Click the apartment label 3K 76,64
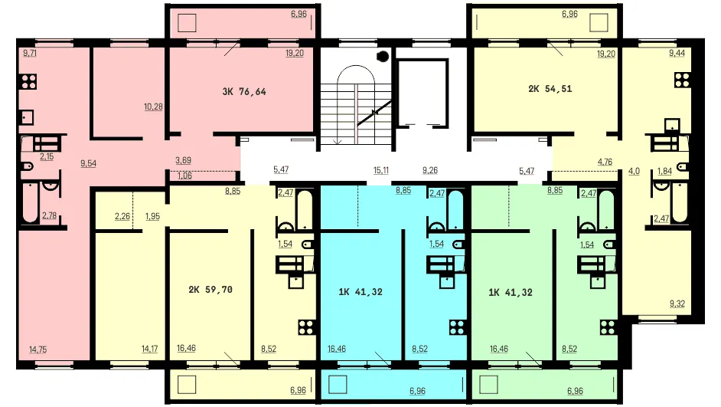pyautogui.click(x=244, y=92)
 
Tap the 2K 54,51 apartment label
pyautogui.click(x=550, y=89)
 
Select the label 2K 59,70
pyautogui.click(x=210, y=290)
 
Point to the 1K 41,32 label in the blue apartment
pyautogui.click(x=360, y=292)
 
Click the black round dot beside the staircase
pyautogui.click(x=383, y=57)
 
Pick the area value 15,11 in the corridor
pyautogui.click(x=380, y=170)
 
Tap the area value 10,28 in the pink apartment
pyautogui.click(x=153, y=107)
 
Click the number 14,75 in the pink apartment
pyautogui.click(x=38, y=350)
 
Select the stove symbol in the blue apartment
pyautogui.click(x=458, y=327)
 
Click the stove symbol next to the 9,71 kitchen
pyautogui.click(x=28, y=82)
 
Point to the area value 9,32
pyautogui.click(x=677, y=304)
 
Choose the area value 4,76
pyautogui.click(x=605, y=162)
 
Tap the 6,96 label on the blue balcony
pyautogui.click(x=417, y=392)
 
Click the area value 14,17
pyautogui.click(x=149, y=350)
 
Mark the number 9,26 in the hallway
pyautogui.click(x=430, y=170)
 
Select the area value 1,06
pyautogui.click(x=184, y=176)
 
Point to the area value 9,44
pyautogui.click(x=677, y=54)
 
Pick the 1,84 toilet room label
pyautogui.click(x=664, y=171)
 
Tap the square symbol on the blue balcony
pyautogui.click(x=338, y=385)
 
